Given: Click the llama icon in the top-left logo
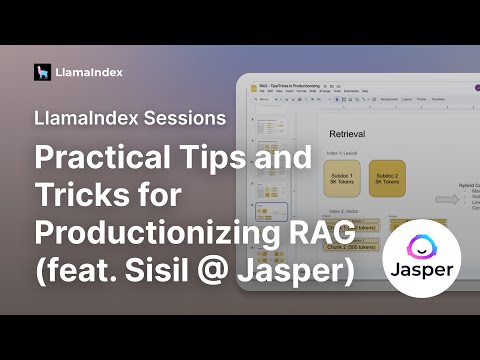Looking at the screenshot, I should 42,72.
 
